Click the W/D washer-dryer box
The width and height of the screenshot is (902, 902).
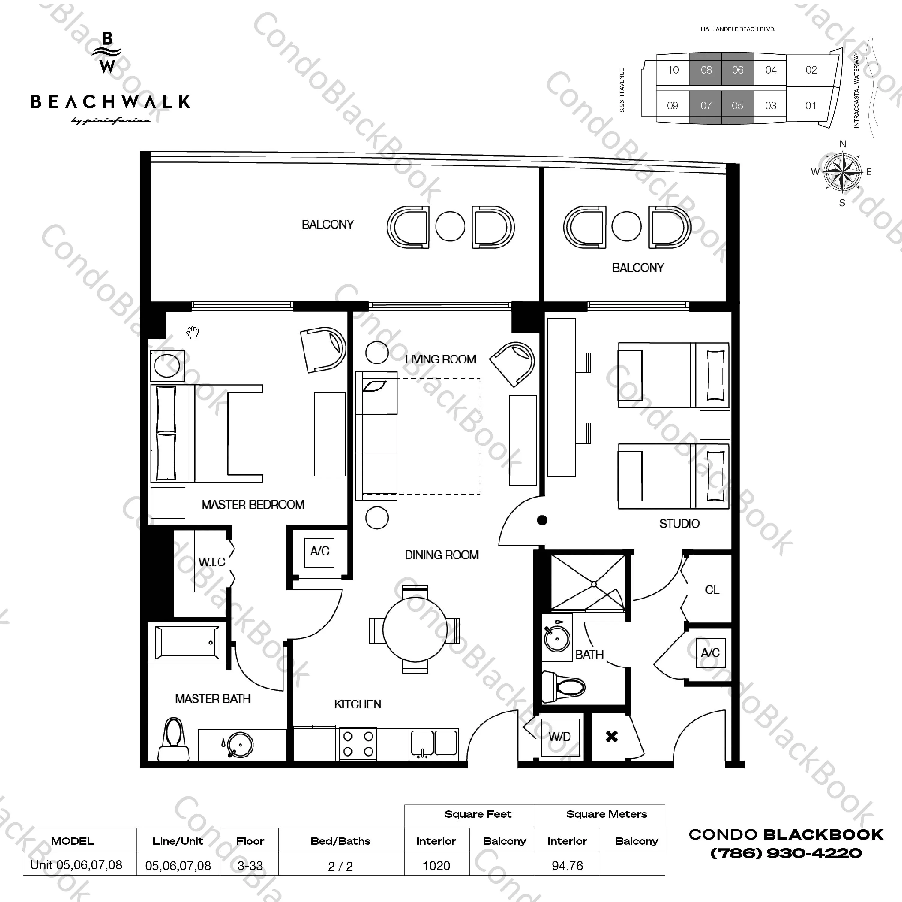(560, 737)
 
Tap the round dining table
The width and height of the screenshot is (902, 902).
(415, 629)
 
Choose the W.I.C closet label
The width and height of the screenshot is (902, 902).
(212, 562)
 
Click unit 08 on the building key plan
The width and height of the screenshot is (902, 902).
(706, 70)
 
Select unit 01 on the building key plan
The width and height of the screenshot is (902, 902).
(811, 106)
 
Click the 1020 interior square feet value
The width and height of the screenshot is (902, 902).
(436, 866)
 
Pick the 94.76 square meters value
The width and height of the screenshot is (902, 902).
(567, 866)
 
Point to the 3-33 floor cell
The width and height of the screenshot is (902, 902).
(250, 866)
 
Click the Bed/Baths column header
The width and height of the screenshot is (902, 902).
(340, 841)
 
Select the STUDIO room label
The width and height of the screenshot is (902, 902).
(679, 523)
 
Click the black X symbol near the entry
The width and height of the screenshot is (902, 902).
(612, 737)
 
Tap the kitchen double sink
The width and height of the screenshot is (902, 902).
(434, 743)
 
